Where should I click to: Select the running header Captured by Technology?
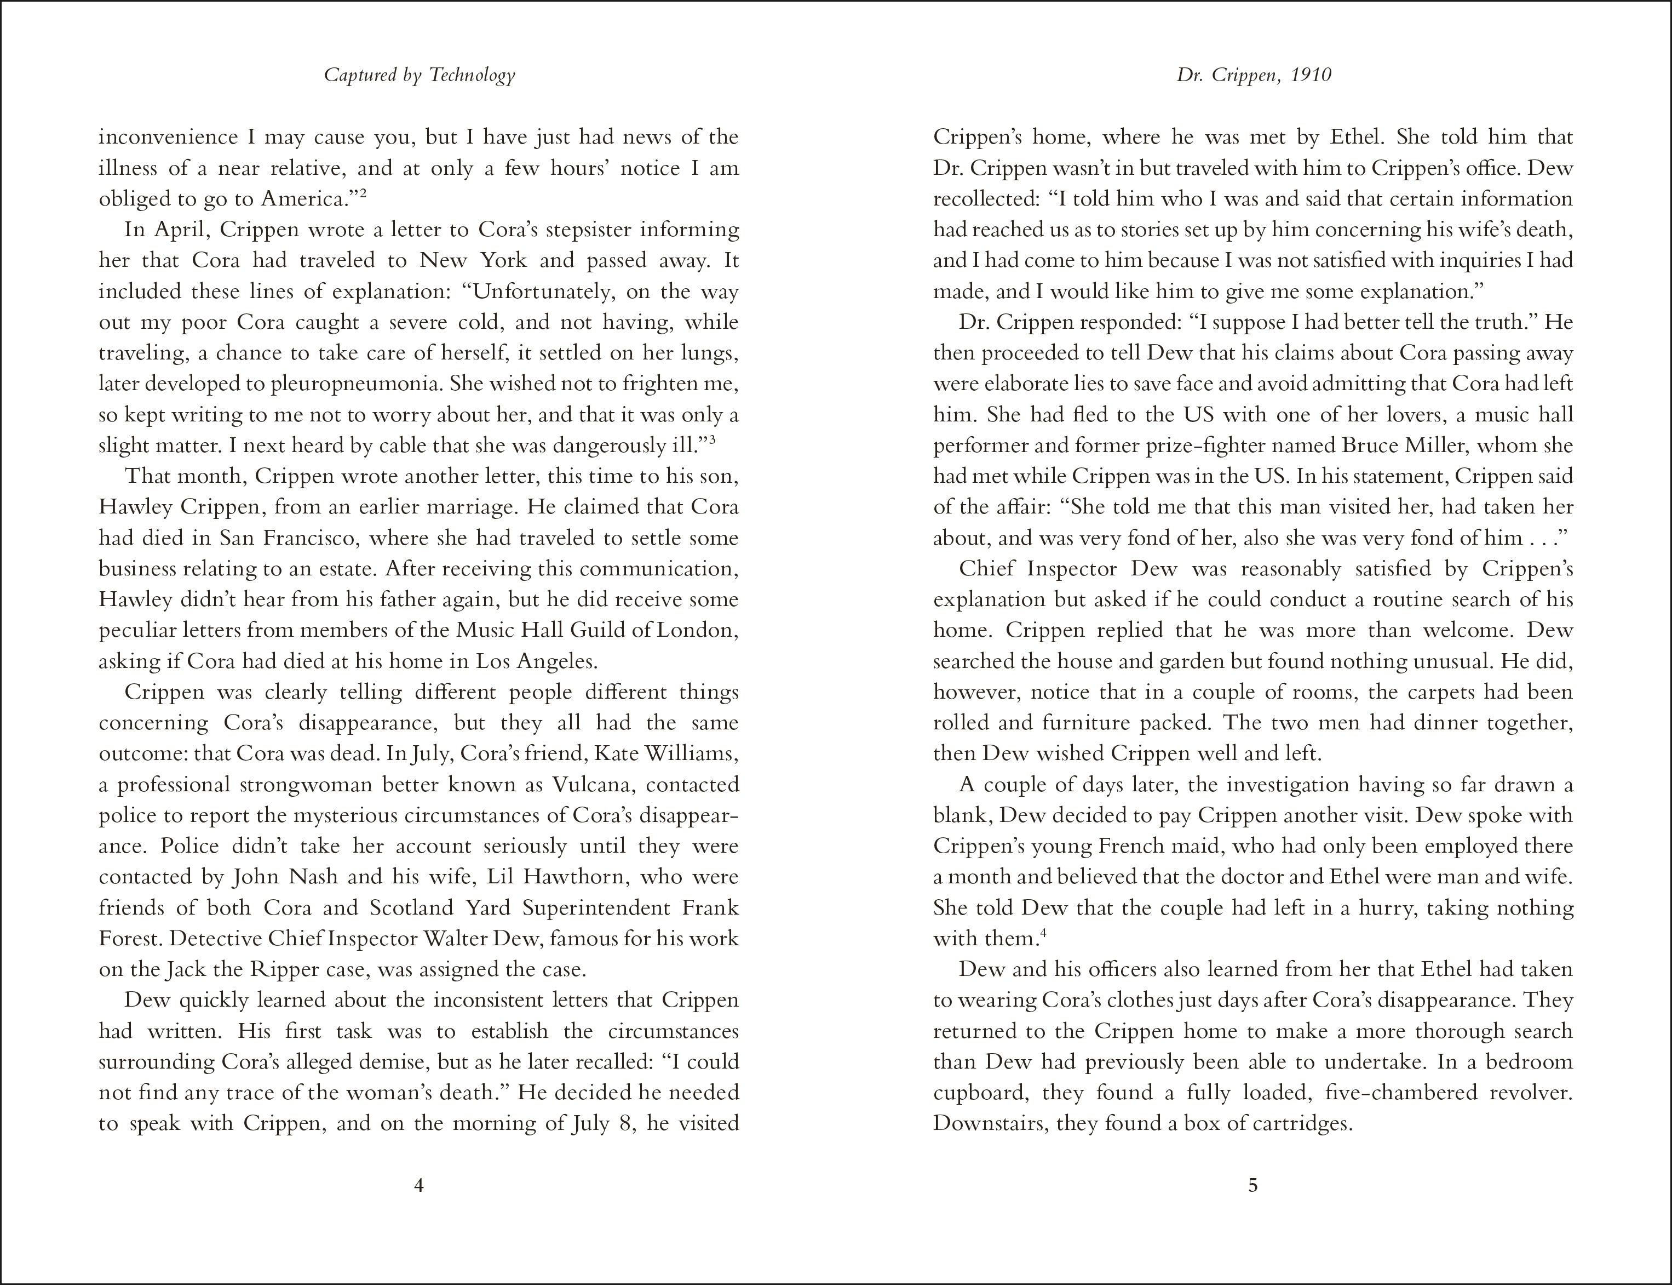pyautogui.click(x=420, y=75)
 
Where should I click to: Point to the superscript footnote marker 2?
pyautogui.click(x=364, y=193)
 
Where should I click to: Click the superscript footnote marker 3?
pyautogui.click(x=712, y=440)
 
